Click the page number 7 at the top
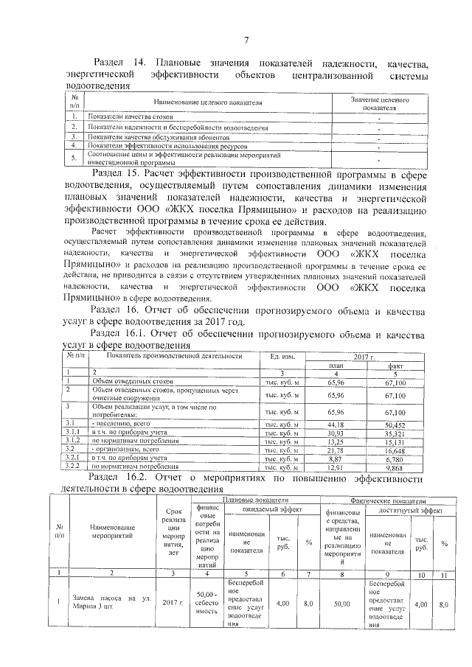click(x=246, y=41)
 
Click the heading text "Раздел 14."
click(x=119, y=64)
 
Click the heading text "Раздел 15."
click(x=119, y=173)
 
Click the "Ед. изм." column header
click(x=282, y=357)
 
